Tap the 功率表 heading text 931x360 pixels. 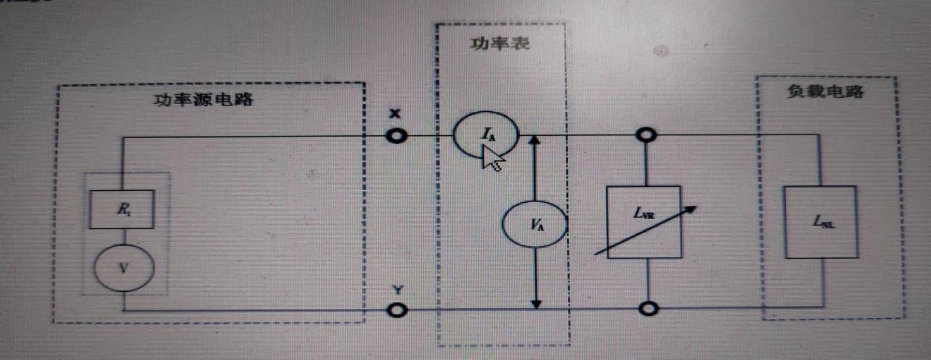pyautogui.click(x=499, y=44)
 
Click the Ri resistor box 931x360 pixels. pyautogui.click(x=121, y=209)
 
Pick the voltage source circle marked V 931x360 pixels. pyautogui.click(x=123, y=268)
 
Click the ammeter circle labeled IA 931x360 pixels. pyautogui.click(x=485, y=134)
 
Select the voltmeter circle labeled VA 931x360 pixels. pyautogui.click(x=534, y=224)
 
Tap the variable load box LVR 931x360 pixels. pyautogui.click(x=643, y=221)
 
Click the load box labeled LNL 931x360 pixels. pyautogui.click(x=820, y=222)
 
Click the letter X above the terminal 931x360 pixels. pyautogui.click(x=395, y=114)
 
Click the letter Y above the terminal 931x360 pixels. pyautogui.click(x=397, y=291)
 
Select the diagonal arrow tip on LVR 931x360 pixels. pyautogui.click(x=693, y=208)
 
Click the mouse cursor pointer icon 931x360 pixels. pyautogui.click(x=492, y=159)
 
